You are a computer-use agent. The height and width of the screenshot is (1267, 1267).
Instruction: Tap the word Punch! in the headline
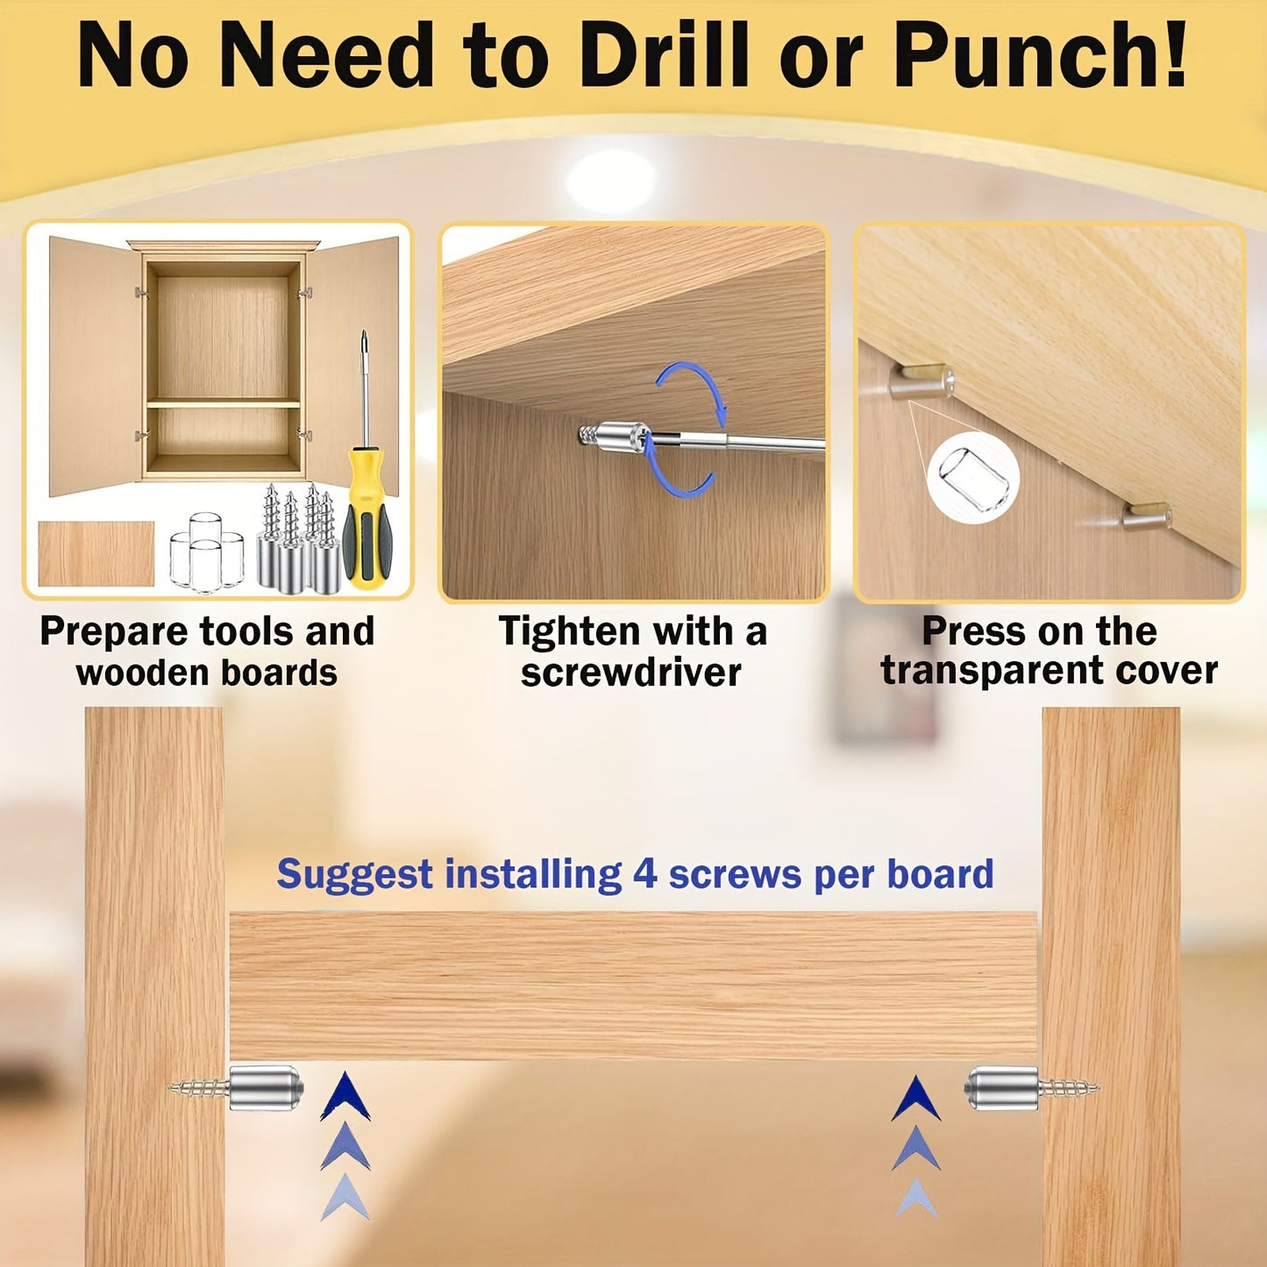1040,57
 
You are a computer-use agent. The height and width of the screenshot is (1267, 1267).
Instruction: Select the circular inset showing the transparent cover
972,478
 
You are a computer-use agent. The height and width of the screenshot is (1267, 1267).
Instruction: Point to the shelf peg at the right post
1001,1087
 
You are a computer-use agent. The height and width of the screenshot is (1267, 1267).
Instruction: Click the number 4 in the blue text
644,874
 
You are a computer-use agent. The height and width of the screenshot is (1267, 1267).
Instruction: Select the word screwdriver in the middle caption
631,673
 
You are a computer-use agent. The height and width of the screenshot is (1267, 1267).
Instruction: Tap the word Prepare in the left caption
114,631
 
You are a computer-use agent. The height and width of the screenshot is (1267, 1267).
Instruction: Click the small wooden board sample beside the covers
96,553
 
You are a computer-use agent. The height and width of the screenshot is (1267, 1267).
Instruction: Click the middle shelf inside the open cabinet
223,403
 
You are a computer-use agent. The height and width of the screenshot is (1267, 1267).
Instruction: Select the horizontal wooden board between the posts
633,986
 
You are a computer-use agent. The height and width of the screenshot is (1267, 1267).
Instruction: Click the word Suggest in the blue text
354,874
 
